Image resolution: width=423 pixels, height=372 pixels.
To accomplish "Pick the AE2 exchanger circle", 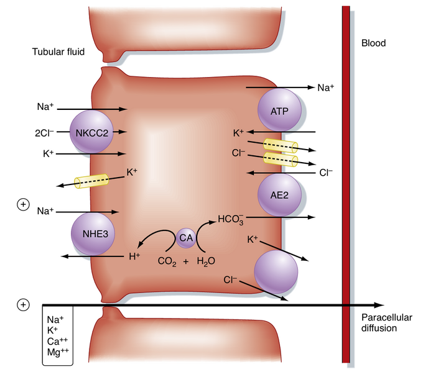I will [x=279, y=194].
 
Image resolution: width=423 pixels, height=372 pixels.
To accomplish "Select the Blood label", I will [x=373, y=43].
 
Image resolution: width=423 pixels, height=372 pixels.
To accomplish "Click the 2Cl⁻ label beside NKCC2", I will [x=47, y=132].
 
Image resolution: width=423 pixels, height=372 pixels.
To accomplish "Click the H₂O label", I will [x=207, y=261].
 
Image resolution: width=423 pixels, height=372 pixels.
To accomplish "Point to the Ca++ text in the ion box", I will [x=56, y=342].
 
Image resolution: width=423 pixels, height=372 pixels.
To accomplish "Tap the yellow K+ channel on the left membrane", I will [x=91, y=181].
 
